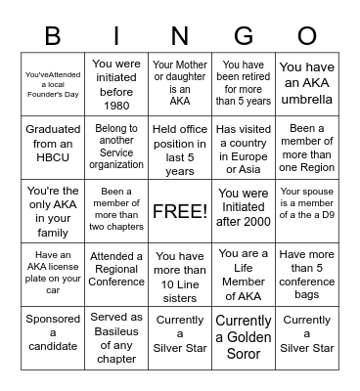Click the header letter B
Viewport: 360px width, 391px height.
53,37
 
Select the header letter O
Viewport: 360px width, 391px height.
306,37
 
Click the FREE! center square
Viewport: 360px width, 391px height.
179,211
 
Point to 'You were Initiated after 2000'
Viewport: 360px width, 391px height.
243,211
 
